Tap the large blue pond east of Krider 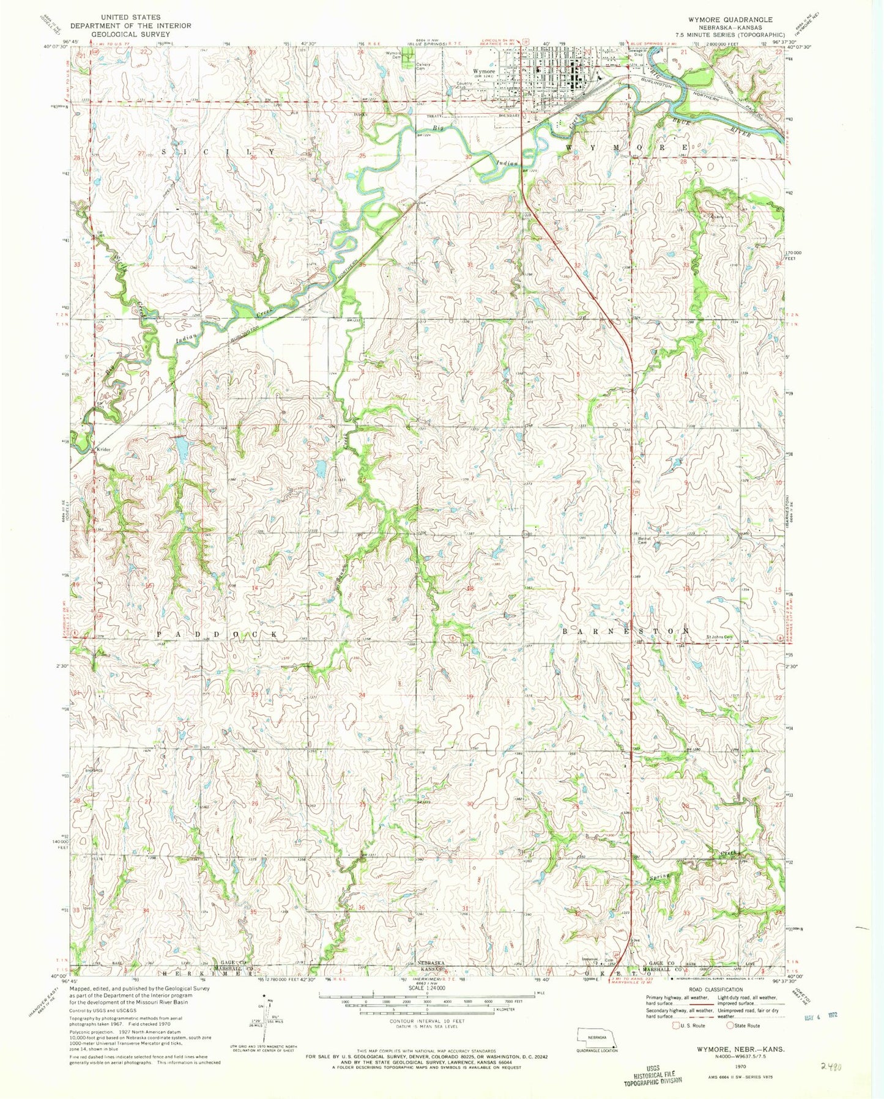(181, 451)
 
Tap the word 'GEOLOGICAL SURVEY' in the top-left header (122, 34)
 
